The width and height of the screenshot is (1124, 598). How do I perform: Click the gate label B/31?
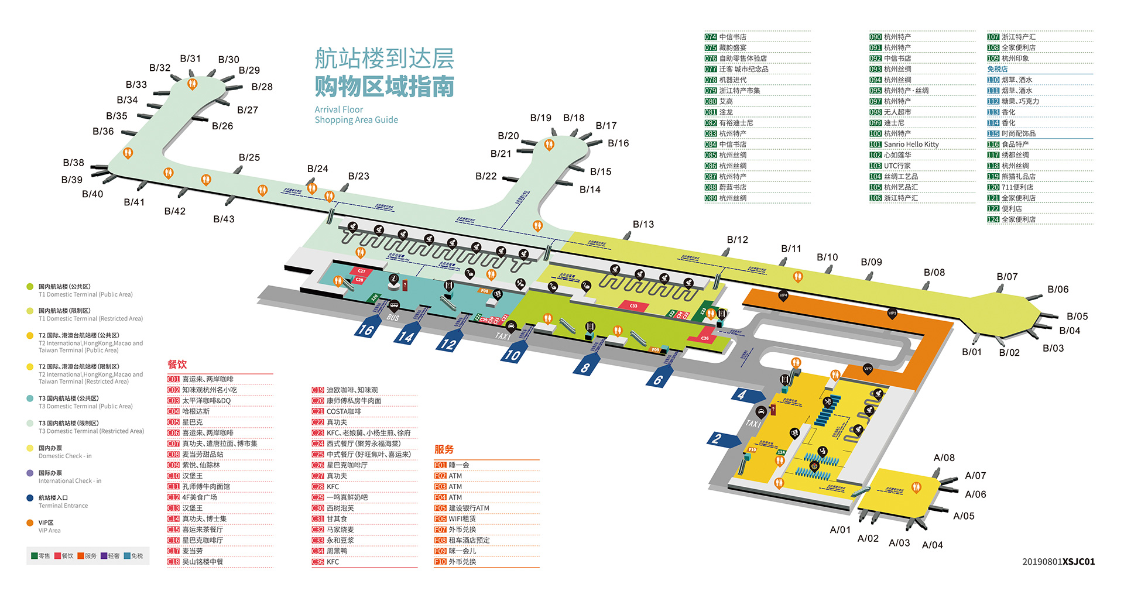pyautogui.click(x=190, y=59)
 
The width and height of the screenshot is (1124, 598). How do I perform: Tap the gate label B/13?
pyautogui.click(x=643, y=224)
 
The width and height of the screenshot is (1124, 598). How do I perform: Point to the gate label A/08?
pyautogui.click(x=944, y=458)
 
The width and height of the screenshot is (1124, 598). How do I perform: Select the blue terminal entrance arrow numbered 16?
pyautogui.click(x=366, y=330)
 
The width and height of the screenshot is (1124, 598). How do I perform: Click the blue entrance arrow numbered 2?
pyautogui.click(x=718, y=439)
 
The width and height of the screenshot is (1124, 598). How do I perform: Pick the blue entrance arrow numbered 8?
pyautogui.click(x=585, y=367)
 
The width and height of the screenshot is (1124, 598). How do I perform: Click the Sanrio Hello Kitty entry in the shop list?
pyautogui.click(x=911, y=145)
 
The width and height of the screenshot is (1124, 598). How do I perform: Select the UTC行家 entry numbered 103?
pyautogui.click(x=897, y=166)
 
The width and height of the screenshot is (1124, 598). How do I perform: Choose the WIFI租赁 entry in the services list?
pyautogui.click(x=462, y=518)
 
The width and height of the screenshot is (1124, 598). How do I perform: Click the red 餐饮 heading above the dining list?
pyautogui.click(x=177, y=364)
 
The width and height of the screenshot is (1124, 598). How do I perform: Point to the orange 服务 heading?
pyautogui.click(x=444, y=449)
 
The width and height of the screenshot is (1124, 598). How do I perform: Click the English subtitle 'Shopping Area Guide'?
pyautogui.click(x=356, y=120)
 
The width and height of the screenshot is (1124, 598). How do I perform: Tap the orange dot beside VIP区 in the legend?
pyautogui.click(x=30, y=523)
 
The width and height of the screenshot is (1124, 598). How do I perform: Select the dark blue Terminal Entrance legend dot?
pyautogui.click(x=30, y=498)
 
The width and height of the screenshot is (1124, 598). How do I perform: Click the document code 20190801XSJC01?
pyautogui.click(x=1058, y=562)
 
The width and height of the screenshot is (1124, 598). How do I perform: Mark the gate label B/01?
pyautogui.click(x=971, y=352)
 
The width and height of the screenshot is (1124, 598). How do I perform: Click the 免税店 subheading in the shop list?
pyautogui.click(x=997, y=69)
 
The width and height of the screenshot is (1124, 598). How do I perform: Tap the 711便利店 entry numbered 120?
pyautogui.click(x=1017, y=187)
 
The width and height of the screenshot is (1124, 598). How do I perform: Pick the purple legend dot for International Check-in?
pyautogui.click(x=30, y=473)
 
